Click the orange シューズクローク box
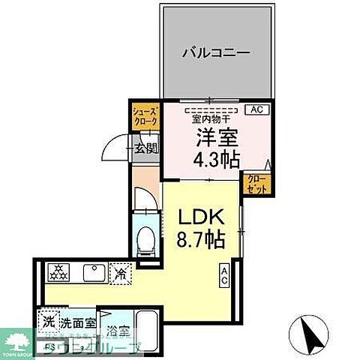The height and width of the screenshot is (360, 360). coord(145,115)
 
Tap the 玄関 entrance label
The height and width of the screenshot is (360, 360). coord(146,148)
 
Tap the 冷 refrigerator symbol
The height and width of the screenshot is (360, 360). coord(119,274)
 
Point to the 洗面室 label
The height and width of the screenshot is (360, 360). coord(79,324)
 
